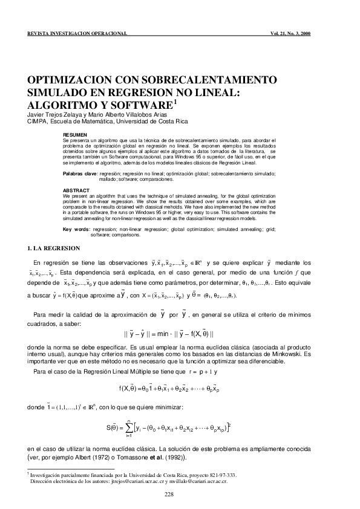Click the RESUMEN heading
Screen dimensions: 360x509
point(75,134)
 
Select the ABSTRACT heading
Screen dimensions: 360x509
point(76,190)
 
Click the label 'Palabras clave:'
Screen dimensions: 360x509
point(80,173)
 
